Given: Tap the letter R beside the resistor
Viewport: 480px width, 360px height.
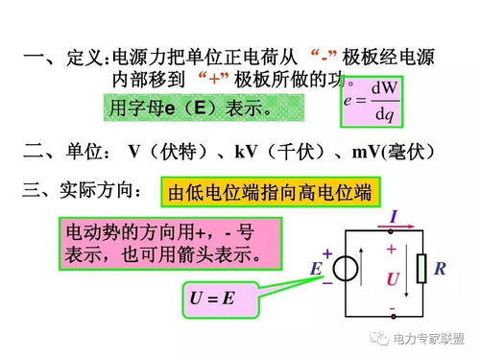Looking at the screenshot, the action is coord(440,269).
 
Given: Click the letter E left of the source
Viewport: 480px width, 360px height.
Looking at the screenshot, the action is coord(315,269).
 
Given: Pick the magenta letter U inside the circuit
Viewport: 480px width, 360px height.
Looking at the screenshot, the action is coord(392,279).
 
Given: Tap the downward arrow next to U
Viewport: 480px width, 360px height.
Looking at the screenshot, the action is coord(408,272).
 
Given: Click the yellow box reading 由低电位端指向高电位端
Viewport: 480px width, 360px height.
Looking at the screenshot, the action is coord(269,193).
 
